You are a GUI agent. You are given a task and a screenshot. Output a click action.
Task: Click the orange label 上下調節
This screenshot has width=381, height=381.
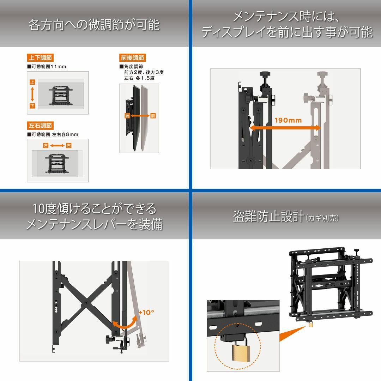tap(40, 58)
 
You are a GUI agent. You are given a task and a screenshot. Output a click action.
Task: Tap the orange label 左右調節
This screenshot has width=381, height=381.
tap(40, 125)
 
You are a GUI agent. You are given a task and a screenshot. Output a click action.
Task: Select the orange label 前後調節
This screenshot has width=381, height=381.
tap(132, 58)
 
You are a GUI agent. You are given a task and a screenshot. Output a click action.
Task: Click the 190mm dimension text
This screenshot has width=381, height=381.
tap(288, 120)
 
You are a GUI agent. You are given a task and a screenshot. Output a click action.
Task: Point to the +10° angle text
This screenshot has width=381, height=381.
tap(146, 312)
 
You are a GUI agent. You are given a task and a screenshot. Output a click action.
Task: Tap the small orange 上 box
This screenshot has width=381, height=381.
tap(32, 82)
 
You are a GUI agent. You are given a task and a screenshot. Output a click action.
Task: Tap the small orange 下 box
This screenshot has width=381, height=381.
tap(32, 106)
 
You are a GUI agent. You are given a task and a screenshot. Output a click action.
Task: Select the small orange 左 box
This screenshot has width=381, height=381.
tap(46, 146)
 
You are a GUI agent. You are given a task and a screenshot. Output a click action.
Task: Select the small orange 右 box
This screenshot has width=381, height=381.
tap(69, 146)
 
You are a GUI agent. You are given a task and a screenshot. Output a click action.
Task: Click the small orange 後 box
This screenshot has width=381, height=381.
tap(127, 116)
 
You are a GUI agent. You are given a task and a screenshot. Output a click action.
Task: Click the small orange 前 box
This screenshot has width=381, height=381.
tap(153, 116)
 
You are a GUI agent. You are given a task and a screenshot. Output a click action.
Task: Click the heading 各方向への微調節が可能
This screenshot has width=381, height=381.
tap(94, 25)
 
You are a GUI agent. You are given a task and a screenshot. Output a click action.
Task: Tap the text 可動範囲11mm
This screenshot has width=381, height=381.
tap(47, 67)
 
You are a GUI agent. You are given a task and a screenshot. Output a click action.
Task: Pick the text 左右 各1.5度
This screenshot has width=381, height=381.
tap(139, 78)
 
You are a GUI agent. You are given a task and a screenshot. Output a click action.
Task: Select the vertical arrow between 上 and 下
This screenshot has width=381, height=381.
tap(32, 94)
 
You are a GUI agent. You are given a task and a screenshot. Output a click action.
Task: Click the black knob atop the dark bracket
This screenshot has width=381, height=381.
tap(265, 74)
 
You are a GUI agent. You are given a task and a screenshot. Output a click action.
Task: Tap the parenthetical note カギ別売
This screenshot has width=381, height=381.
tap(322, 218)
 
